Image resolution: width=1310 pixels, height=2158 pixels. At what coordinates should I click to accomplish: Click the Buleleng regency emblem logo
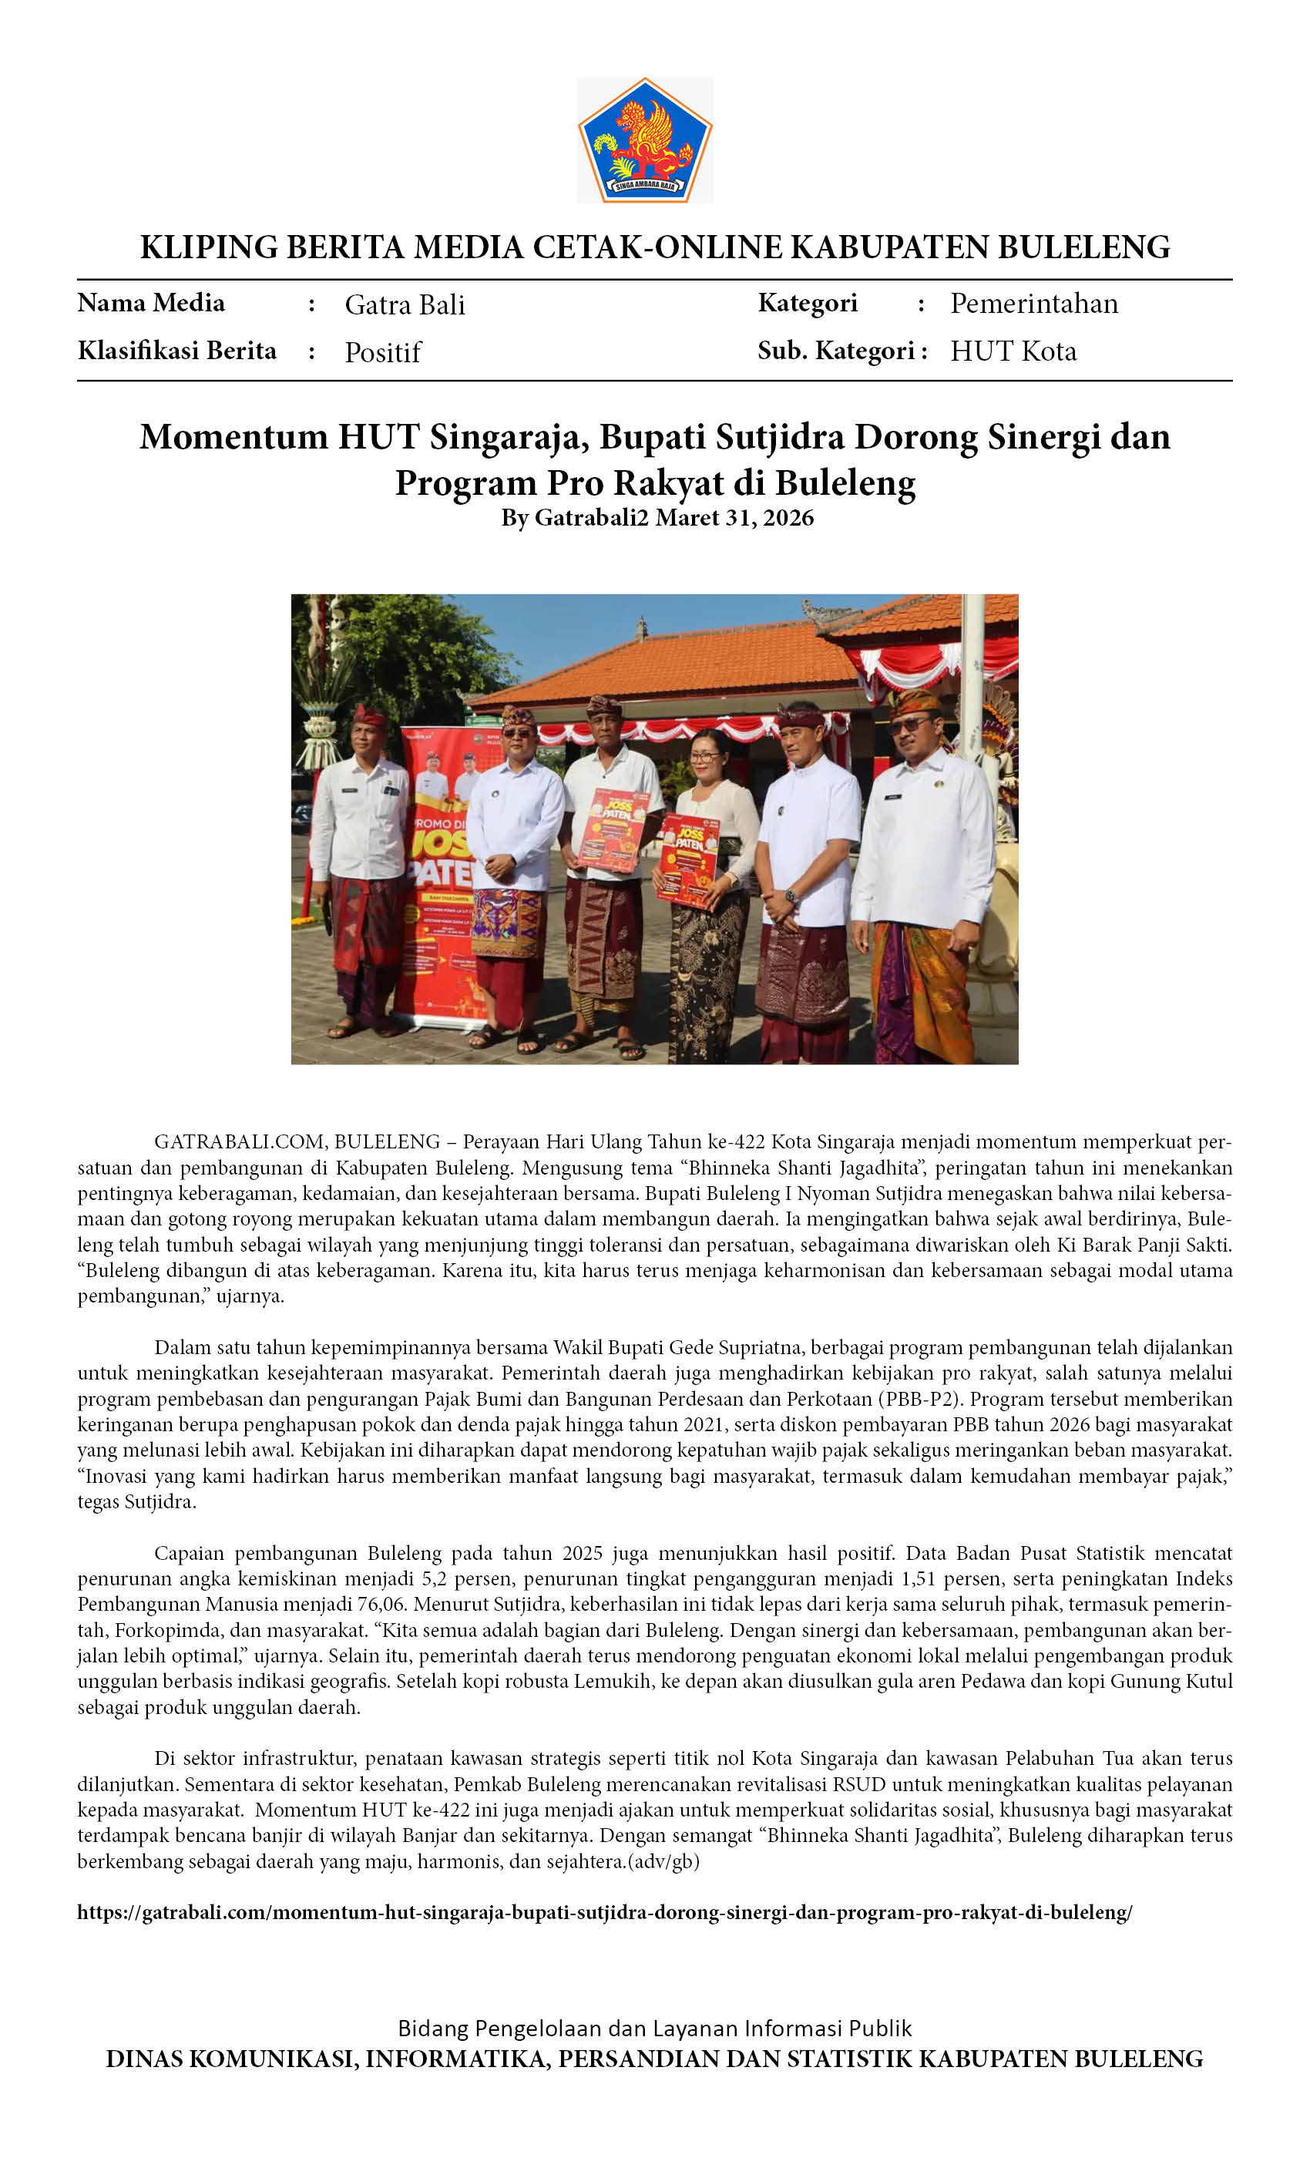644,140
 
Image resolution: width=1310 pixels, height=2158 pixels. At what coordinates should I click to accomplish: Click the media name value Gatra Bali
405,304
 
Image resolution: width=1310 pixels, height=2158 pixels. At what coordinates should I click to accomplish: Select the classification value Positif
383,352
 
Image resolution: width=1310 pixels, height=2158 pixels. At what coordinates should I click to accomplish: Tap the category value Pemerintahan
1034,304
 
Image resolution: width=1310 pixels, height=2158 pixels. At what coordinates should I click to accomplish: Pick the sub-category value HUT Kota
1013,351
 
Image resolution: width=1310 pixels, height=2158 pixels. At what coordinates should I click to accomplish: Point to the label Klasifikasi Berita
177,351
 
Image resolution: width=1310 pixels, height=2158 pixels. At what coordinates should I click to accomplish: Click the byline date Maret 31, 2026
734,518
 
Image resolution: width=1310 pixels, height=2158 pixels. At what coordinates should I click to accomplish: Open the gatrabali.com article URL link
604,1912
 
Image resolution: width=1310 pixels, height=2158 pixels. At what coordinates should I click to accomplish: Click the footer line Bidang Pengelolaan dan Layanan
654,2028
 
